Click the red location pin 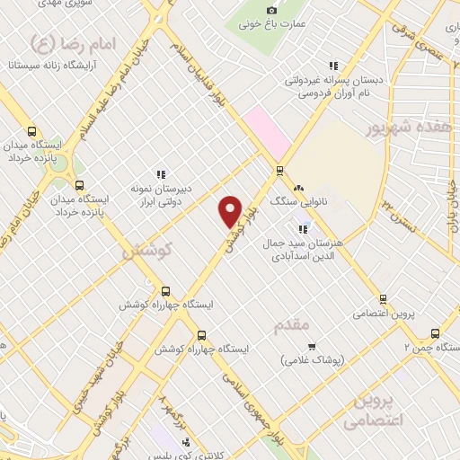coord(230,210)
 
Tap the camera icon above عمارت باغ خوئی coord(272,9)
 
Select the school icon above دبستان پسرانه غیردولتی coord(333,66)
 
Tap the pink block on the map coord(267,130)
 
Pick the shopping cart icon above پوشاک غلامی coord(312,347)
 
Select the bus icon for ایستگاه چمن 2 coord(436,332)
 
